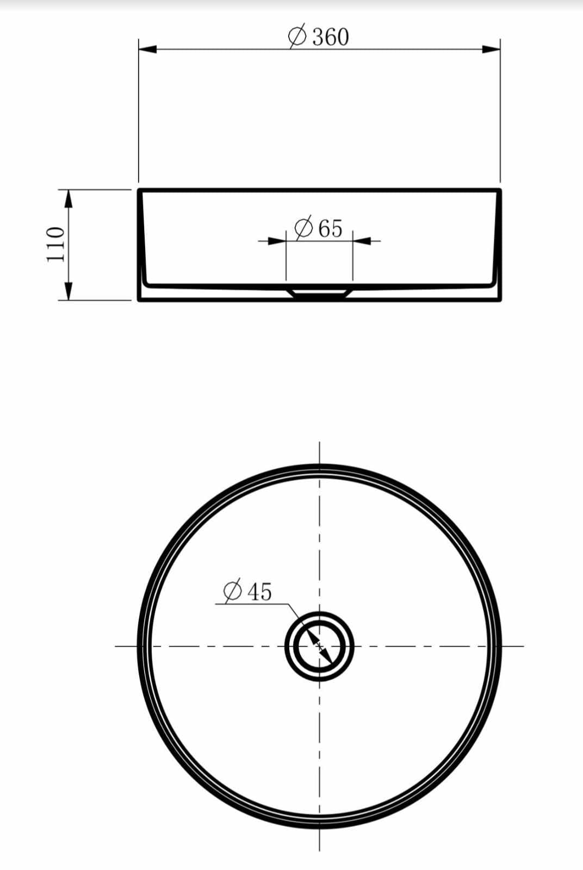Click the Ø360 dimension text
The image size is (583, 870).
(319, 37)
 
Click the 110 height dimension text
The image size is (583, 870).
(57, 244)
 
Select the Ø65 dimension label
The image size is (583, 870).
(319, 228)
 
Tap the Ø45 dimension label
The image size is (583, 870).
(247, 591)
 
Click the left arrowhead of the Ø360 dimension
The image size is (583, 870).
(147, 49)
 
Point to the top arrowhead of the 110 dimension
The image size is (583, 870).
(69, 198)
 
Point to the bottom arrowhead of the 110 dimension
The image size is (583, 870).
(69, 291)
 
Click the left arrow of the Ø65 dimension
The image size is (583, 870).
(277, 240)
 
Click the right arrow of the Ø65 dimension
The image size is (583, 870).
(362, 240)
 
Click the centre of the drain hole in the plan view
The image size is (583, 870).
(319, 646)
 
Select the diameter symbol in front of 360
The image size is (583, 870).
(297, 37)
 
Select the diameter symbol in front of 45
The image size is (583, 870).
(233, 591)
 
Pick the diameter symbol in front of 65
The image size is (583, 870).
(303, 228)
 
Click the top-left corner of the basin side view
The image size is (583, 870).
(139, 190)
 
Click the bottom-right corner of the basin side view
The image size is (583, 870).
(500, 300)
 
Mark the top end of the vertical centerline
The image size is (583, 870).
(319, 443)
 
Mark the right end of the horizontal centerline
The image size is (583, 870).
(523, 646)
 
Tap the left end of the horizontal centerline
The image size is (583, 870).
(116, 646)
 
